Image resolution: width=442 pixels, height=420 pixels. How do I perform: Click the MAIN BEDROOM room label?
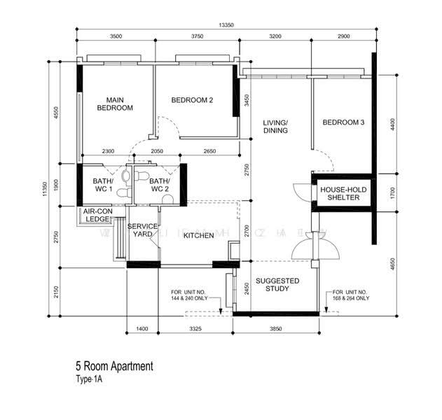pos(115,104)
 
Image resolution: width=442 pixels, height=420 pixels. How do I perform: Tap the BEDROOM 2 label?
pos(192,100)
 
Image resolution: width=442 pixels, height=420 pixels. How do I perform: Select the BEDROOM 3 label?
pos(343,123)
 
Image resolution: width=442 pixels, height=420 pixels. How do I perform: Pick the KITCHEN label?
pos(198,236)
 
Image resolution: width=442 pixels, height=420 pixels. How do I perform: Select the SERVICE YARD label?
pos(142,230)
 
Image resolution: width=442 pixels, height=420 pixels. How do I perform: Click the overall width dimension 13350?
pos(226,25)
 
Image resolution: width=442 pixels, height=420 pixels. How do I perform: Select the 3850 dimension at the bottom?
pos(278,328)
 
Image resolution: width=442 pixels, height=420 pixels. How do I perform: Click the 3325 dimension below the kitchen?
pos(196,328)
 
